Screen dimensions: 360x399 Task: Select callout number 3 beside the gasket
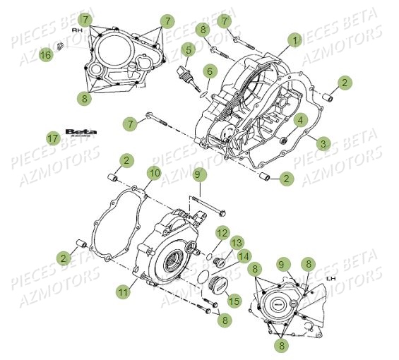click(323, 143)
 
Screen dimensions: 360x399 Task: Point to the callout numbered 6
click(210, 71)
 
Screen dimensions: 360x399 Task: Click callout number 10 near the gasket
click(153, 173)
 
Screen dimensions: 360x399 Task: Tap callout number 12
click(222, 233)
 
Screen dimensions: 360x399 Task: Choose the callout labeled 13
click(236, 243)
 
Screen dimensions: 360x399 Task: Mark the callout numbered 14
click(244, 256)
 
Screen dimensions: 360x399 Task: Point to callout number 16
click(44, 54)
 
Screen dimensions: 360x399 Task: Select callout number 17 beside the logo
click(52, 138)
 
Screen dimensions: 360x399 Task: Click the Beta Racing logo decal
click(81, 133)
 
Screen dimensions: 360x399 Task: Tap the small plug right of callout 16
click(61, 47)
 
